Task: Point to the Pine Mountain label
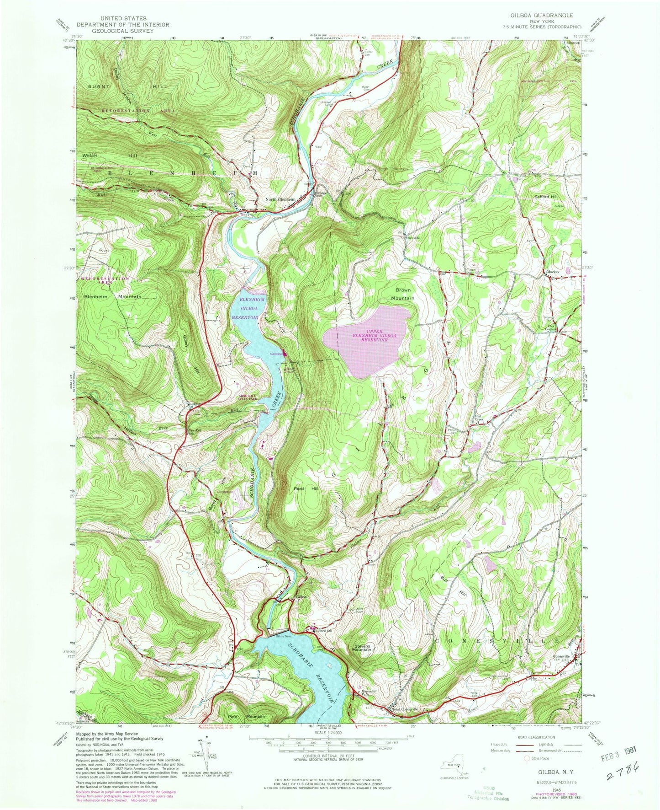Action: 246,716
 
